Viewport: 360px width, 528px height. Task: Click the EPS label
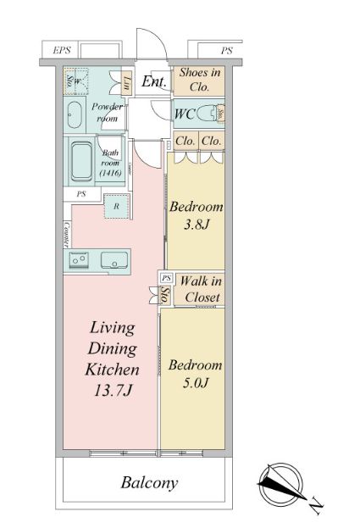point(62,51)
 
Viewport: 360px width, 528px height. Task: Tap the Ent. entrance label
point(154,81)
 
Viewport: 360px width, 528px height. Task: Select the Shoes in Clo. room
point(199,81)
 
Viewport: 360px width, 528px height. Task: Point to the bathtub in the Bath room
point(81,161)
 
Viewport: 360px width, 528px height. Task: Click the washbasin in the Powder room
point(75,114)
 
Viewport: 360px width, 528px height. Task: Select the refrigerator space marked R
point(116,206)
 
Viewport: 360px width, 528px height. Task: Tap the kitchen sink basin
point(114,260)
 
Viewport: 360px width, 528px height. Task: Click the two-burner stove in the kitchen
point(79,259)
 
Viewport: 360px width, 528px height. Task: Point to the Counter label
point(67,235)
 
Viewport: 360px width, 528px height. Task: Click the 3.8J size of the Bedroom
point(197,225)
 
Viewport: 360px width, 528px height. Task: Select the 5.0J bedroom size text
point(196,383)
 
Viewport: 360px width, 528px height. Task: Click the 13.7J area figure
point(113,391)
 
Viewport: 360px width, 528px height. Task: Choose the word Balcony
point(149,483)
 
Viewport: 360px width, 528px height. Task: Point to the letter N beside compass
point(316,506)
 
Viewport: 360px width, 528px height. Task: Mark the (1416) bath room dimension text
point(111,173)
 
